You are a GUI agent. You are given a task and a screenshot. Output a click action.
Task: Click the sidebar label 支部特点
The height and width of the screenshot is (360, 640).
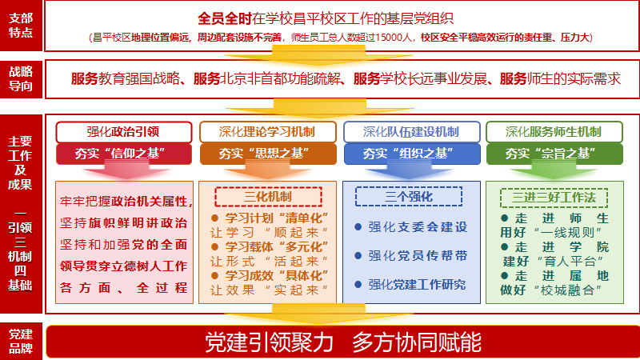[x=21, y=25]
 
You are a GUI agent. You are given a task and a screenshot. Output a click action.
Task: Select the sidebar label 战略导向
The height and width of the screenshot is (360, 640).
[x=21, y=78]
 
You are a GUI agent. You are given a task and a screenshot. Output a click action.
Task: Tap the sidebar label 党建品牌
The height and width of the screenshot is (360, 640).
[x=21, y=342]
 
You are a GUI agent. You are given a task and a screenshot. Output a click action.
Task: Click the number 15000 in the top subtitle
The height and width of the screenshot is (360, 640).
[x=389, y=38]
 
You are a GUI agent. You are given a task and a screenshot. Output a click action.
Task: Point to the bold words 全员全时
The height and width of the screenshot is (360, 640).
[x=225, y=18]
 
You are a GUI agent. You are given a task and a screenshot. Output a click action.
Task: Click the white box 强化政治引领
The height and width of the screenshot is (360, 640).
[x=124, y=132]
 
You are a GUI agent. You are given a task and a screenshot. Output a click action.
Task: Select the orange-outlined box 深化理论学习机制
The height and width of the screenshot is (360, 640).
[x=268, y=132]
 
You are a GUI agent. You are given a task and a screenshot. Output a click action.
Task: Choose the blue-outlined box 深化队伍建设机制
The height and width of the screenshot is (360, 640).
[x=412, y=132]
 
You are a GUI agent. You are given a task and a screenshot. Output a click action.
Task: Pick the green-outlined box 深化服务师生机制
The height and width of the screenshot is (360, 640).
[x=554, y=132]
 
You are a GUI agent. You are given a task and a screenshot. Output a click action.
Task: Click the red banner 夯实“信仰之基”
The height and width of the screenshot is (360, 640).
[x=124, y=154]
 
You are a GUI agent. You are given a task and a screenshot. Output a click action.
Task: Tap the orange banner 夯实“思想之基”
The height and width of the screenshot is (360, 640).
[x=268, y=154]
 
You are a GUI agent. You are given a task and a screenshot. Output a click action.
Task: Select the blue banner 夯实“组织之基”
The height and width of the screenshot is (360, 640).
[x=412, y=154]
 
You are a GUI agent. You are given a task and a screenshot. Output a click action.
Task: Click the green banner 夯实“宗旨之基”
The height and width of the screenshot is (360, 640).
[x=554, y=154]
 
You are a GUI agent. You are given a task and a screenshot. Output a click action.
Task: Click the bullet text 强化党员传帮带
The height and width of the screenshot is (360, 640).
[x=418, y=256]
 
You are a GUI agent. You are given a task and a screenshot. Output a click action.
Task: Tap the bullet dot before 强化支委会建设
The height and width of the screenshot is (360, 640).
[x=358, y=227]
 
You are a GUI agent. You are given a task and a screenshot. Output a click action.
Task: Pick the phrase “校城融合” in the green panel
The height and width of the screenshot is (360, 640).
[x=567, y=290]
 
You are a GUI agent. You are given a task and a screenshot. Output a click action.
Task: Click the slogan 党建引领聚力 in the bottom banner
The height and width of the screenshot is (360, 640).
[x=269, y=342]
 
